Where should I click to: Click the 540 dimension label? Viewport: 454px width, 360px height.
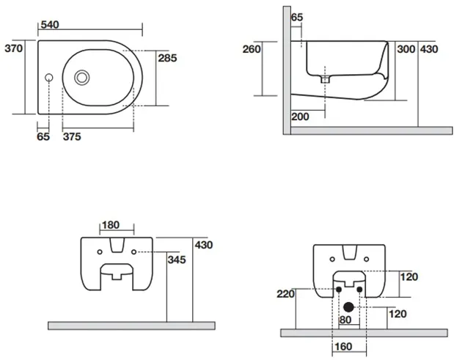[50, 25]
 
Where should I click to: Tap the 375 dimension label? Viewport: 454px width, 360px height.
[71, 137]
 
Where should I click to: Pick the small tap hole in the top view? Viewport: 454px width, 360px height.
[49, 76]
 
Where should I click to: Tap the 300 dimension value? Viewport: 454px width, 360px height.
[406, 49]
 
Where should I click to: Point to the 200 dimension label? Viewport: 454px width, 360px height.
[300, 117]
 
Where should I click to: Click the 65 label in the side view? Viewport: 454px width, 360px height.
[297, 17]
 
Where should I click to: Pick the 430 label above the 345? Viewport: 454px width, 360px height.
[203, 245]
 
